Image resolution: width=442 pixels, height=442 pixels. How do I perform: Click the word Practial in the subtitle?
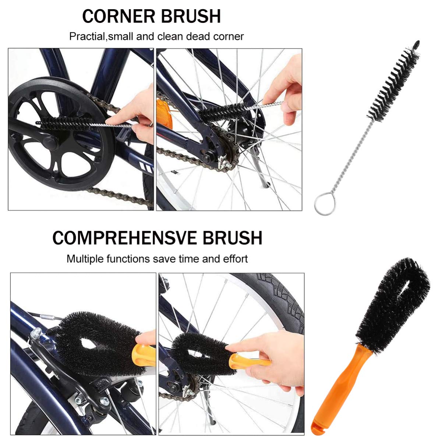click(x=87, y=36)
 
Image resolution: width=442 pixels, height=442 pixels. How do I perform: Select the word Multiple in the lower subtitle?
click(x=85, y=259)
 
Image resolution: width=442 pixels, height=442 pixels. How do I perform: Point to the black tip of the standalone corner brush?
click(x=416, y=44)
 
